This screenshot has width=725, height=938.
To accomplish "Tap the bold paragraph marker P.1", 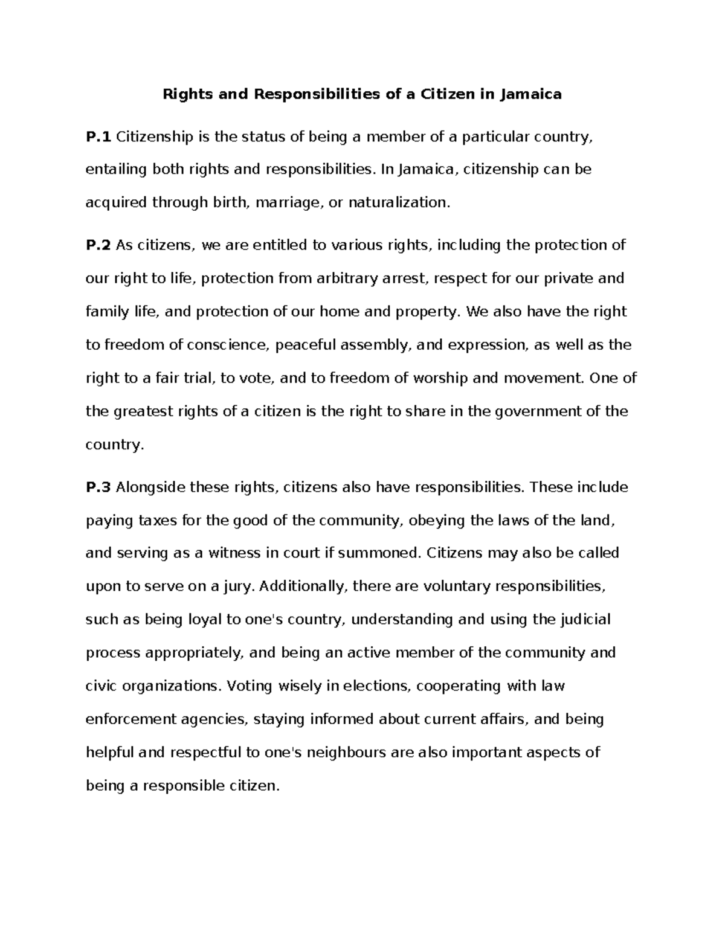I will tap(98, 137).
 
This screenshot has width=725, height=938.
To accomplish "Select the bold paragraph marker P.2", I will tap(98, 245).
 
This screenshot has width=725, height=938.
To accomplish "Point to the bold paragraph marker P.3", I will tap(98, 487).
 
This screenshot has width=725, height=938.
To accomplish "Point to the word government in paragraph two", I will tap(538, 412).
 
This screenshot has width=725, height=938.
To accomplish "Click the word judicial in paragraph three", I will tap(585, 620).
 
